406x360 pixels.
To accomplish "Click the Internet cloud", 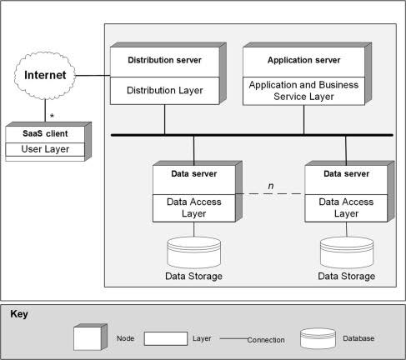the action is [x=45, y=75].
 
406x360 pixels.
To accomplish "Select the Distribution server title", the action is [x=164, y=60].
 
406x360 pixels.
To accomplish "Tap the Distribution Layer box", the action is [x=165, y=91].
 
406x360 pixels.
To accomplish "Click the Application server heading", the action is [x=303, y=60].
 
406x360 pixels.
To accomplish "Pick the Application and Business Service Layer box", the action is [x=303, y=91].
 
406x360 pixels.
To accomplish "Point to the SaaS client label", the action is [x=45, y=133].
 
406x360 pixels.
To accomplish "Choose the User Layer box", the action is [x=45, y=149].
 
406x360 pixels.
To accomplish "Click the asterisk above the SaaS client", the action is [x=52, y=116].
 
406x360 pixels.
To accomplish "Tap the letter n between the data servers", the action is [x=271, y=186].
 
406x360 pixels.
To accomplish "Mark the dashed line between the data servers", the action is [x=270, y=193].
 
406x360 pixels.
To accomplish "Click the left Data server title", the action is [x=194, y=174].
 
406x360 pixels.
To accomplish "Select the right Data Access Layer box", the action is [x=346, y=208].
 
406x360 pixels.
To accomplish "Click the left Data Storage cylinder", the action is [x=194, y=252].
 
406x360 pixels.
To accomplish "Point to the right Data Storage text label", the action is [x=347, y=276].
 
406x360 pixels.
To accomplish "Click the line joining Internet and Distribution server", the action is [x=93, y=75].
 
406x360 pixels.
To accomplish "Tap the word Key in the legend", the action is [x=19, y=314].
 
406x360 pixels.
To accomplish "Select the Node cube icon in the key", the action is [x=90, y=337].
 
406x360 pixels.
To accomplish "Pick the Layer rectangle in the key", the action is [x=166, y=338].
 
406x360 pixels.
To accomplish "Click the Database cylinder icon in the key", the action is [x=318, y=338].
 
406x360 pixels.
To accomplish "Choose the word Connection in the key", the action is [x=266, y=340].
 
